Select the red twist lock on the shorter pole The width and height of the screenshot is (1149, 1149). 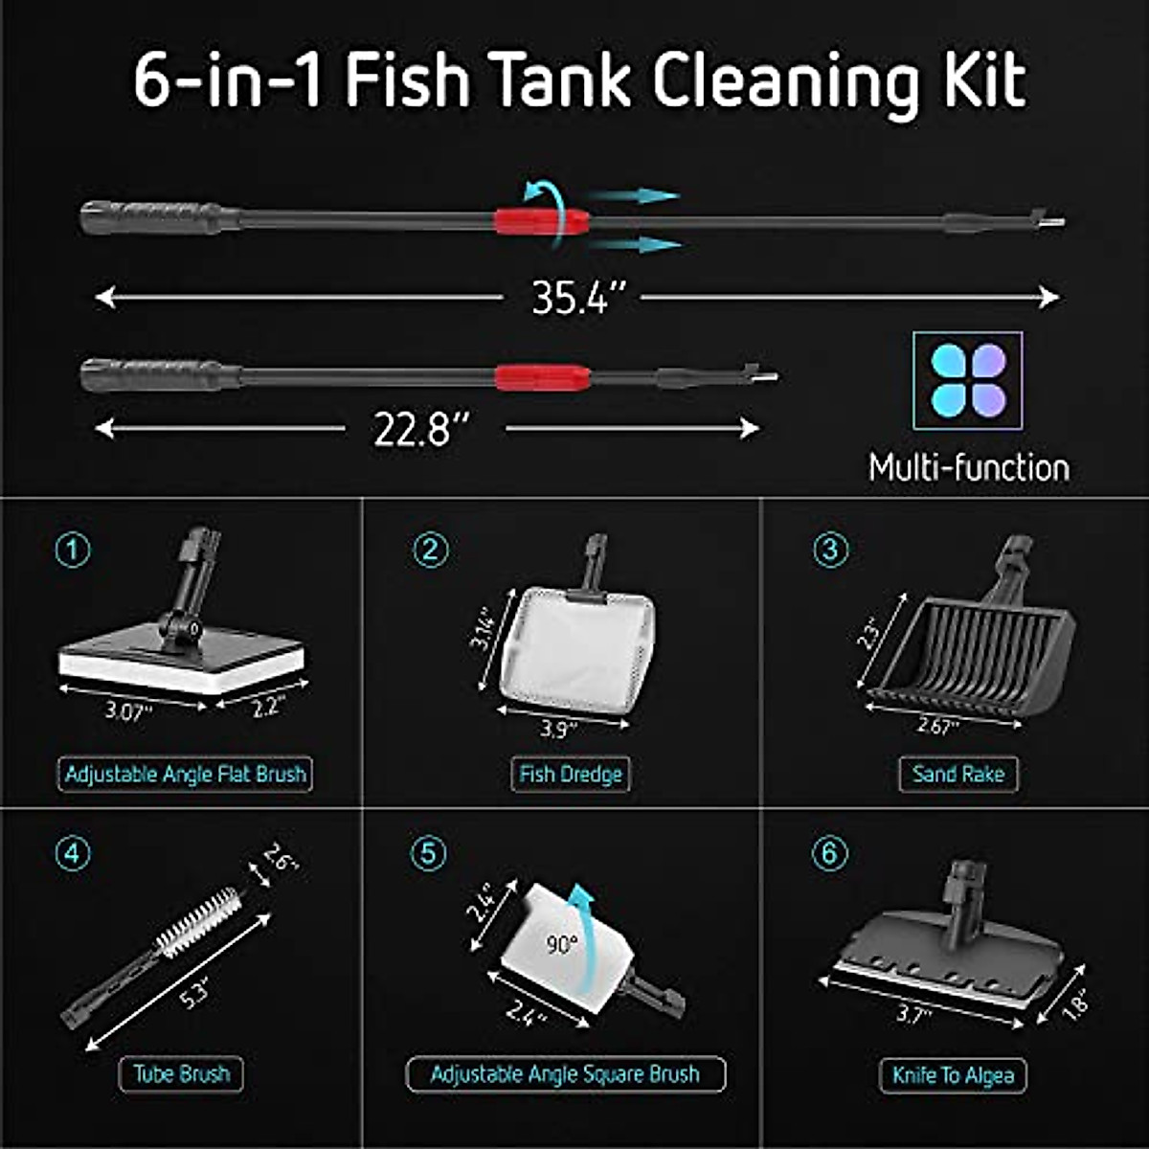click(x=542, y=376)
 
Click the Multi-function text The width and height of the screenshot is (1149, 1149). click(x=969, y=468)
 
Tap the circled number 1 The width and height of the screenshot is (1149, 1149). click(x=74, y=551)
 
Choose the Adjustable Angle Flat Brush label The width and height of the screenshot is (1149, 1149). click(x=186, y=774)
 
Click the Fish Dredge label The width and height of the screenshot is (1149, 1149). click(x=570, y=774)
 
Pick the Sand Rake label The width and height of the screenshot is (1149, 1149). click(x=957, y=774)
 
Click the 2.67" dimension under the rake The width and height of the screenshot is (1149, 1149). click(x=937, y=727)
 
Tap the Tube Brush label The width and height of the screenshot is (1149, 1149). click(x=181, y=1073)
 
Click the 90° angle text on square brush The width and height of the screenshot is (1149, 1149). click(x=562, y=945)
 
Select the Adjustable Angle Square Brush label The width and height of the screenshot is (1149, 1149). click(x=565, y=1073)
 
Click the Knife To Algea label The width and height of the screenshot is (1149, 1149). click(x=953, y=1075)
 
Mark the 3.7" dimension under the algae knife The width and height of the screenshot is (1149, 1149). click(x=913, y=1013)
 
